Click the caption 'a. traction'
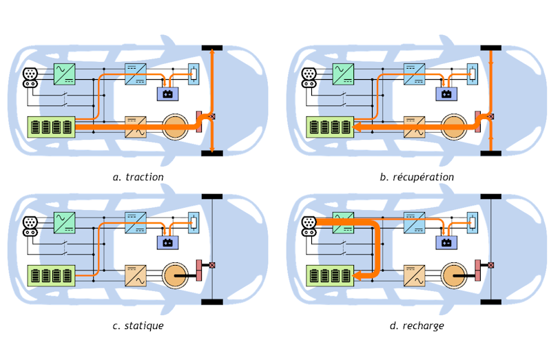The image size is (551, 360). pos(138,177)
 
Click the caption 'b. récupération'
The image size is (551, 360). pos(417,177)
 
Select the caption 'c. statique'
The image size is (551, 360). pos(138,325)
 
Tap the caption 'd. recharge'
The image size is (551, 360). pos(417,325)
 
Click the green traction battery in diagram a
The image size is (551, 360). pos(50,127)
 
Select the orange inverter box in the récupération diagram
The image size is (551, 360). pos(415,127)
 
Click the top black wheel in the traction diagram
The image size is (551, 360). pos(211,47)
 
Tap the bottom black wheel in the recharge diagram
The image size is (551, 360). pos(491,302)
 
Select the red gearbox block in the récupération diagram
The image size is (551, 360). pos(479,121)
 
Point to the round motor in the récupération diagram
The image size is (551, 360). pos(454,127)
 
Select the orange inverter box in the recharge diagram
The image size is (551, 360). pos(415,275)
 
